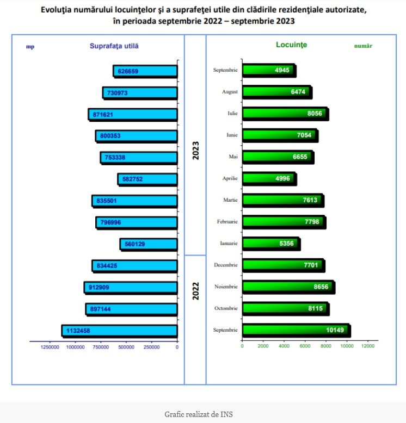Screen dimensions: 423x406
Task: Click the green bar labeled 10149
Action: [296, 330]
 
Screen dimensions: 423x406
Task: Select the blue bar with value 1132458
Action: [120, 331]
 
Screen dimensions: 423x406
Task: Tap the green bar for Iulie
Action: [285, 114]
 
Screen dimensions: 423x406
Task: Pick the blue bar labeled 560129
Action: [149, 244]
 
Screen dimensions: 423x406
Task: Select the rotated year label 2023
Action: [195, 150]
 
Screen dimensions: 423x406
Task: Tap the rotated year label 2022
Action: [195, 291]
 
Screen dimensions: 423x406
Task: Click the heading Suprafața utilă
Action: [114, 46]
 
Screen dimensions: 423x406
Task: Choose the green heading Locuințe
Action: [292, 45]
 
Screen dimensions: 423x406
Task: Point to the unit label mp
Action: [30, 47]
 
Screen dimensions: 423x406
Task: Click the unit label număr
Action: [363, 46]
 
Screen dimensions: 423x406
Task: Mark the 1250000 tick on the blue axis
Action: [50, 347]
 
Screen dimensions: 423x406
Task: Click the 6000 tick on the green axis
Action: [305, 346]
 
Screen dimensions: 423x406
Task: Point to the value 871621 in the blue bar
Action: [103, 114]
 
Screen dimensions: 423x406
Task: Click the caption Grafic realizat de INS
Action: [202, 414]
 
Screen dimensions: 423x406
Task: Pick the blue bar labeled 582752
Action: [147, 179]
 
